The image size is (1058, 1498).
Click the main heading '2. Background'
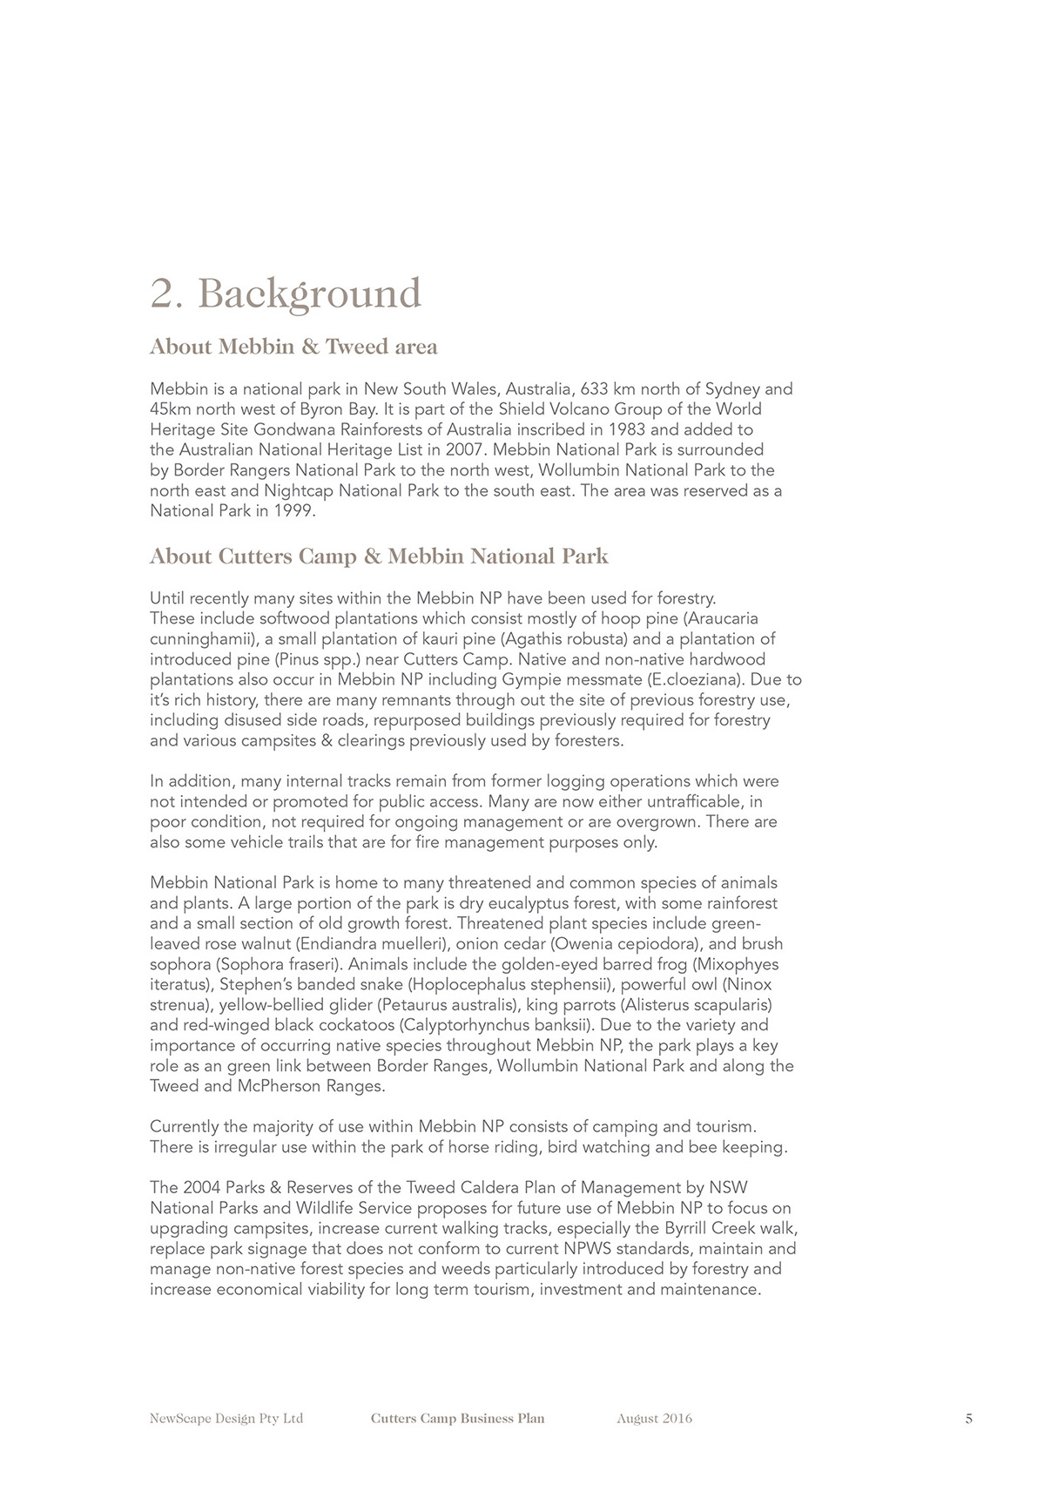tap(286, 294)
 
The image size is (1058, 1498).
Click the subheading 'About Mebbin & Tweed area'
tap(293, 347)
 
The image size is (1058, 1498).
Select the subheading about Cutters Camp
tap(379, 557)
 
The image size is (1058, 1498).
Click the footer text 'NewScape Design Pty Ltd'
tap(226, 1419)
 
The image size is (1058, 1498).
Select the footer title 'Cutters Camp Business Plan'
tap(457, 1419)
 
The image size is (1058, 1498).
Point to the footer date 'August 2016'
tap(654, 1419)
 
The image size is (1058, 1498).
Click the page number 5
tap(968, 1419)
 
